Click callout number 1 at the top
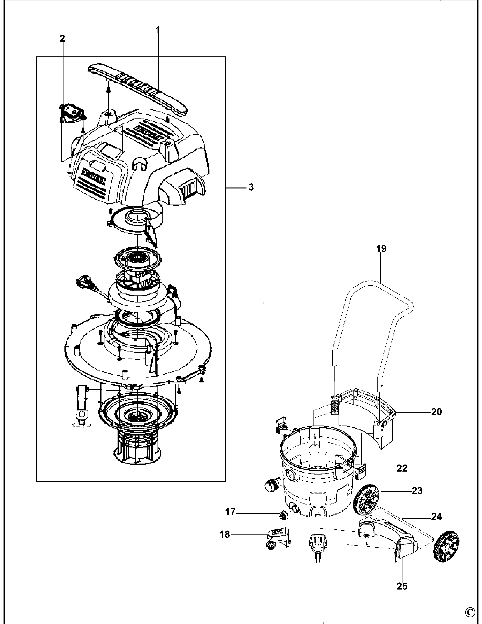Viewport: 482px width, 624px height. pos(157,29)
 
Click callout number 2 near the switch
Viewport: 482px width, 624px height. pos(62,38)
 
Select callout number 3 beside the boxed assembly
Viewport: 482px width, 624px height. pos(251,187)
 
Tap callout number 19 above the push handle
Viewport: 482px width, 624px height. pos(381,249)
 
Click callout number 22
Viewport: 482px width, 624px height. pos(402,468)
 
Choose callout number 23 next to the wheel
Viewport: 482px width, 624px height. pos(417,491)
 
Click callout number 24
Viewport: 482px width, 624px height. pos(436,517)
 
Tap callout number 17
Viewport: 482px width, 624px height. pos(230,512)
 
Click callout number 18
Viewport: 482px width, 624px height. pos(225,534)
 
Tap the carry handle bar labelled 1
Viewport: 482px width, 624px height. pos(137,87)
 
